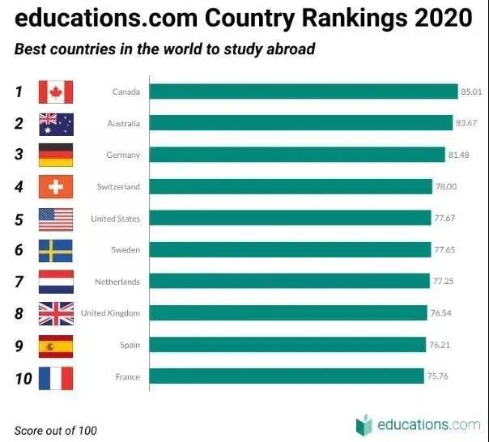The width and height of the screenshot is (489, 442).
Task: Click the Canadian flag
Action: click(x=56, y=92)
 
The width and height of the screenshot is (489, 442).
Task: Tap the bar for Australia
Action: click(x=301, y=123)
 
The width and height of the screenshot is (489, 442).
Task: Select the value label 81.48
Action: click(x=458, y=155)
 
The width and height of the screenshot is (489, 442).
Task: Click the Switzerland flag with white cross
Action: click(x=56, y=186)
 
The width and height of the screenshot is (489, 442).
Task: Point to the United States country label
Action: click(x=116, y=219)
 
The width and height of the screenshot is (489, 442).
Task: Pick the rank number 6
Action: click(x=19, y=250)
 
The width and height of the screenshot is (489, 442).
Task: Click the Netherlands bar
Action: click(x=289, y=281)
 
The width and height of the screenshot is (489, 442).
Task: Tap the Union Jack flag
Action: click(x=56, y=313)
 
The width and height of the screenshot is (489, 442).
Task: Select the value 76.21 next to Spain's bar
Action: click(x=440, y=345)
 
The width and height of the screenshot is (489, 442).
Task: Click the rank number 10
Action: click(x=23, y=379)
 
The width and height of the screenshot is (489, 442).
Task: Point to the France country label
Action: click(x=128, y=376)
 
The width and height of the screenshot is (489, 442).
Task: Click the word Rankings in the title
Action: click(x=355, y=18)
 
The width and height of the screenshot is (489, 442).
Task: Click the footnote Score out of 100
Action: click(x=56, y=431)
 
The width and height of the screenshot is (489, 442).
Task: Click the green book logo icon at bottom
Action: click(x=364, y=425)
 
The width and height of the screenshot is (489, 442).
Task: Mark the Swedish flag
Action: click(x=56, y=251)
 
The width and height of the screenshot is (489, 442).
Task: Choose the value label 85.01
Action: click(x=471, y=91)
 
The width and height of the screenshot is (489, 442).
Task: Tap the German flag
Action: click(x=56, y=155)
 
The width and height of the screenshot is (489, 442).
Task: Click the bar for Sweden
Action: click(x=290, y=249)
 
